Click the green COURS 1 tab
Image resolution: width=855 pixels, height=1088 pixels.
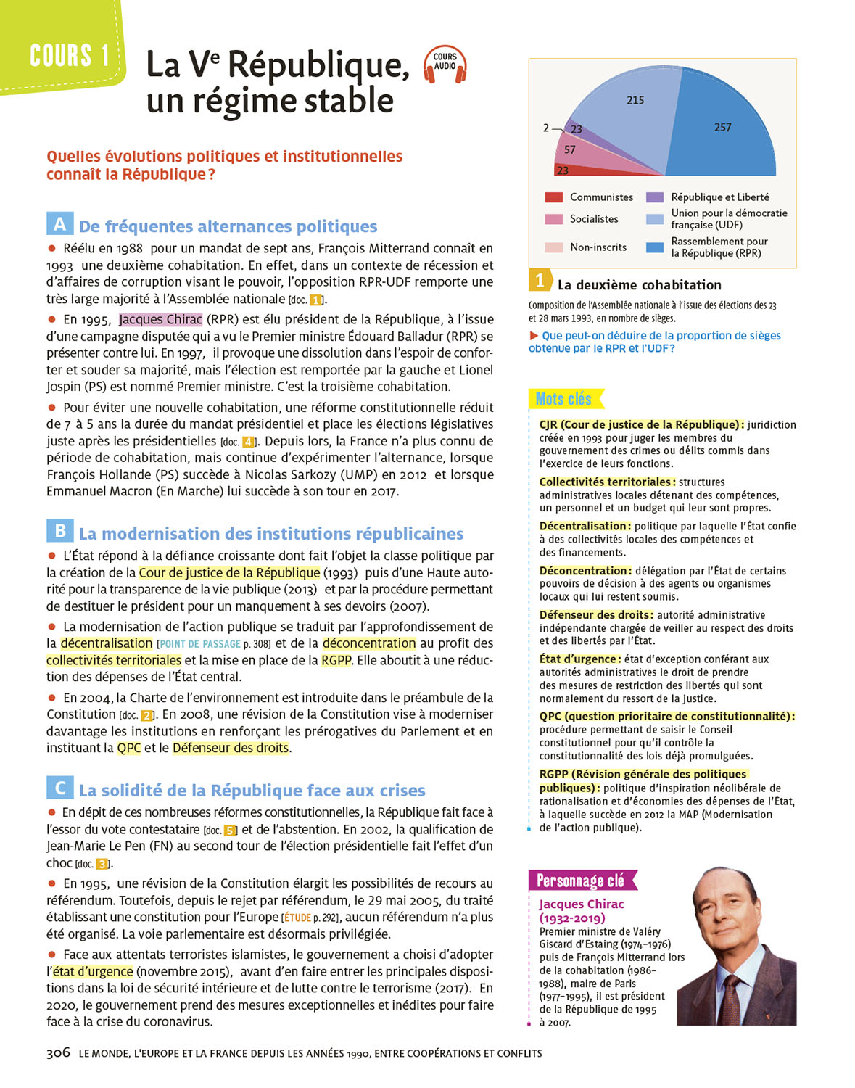(x=69, y=55)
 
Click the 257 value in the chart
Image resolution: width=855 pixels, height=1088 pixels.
(x=722, y=127)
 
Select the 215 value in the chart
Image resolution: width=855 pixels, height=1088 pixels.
(x=635, y=100)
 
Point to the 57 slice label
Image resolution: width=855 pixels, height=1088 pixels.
(x=570, y=149)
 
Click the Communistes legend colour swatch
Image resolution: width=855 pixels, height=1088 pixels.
(x=553, y=197)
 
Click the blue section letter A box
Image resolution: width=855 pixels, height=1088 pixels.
(x=59, y=224)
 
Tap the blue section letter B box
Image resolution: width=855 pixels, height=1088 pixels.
(x=59, y=531)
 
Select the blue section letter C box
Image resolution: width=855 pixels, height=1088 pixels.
(x=59, y=788)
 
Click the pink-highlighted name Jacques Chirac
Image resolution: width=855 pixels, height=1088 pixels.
(x=160, y=320)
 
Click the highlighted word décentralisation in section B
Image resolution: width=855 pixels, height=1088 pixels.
(x=107, y=643)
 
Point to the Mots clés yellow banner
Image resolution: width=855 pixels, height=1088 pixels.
(x=564, y=399)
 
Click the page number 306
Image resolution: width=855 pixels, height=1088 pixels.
(x=58, y=1052)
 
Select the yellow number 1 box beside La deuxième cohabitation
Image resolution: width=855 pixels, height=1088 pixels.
(x=540, y=281)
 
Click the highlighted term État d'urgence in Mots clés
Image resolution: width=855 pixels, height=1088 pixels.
(x=579, y=659)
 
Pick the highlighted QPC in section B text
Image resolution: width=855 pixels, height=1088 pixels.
(x=129, y=748)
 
